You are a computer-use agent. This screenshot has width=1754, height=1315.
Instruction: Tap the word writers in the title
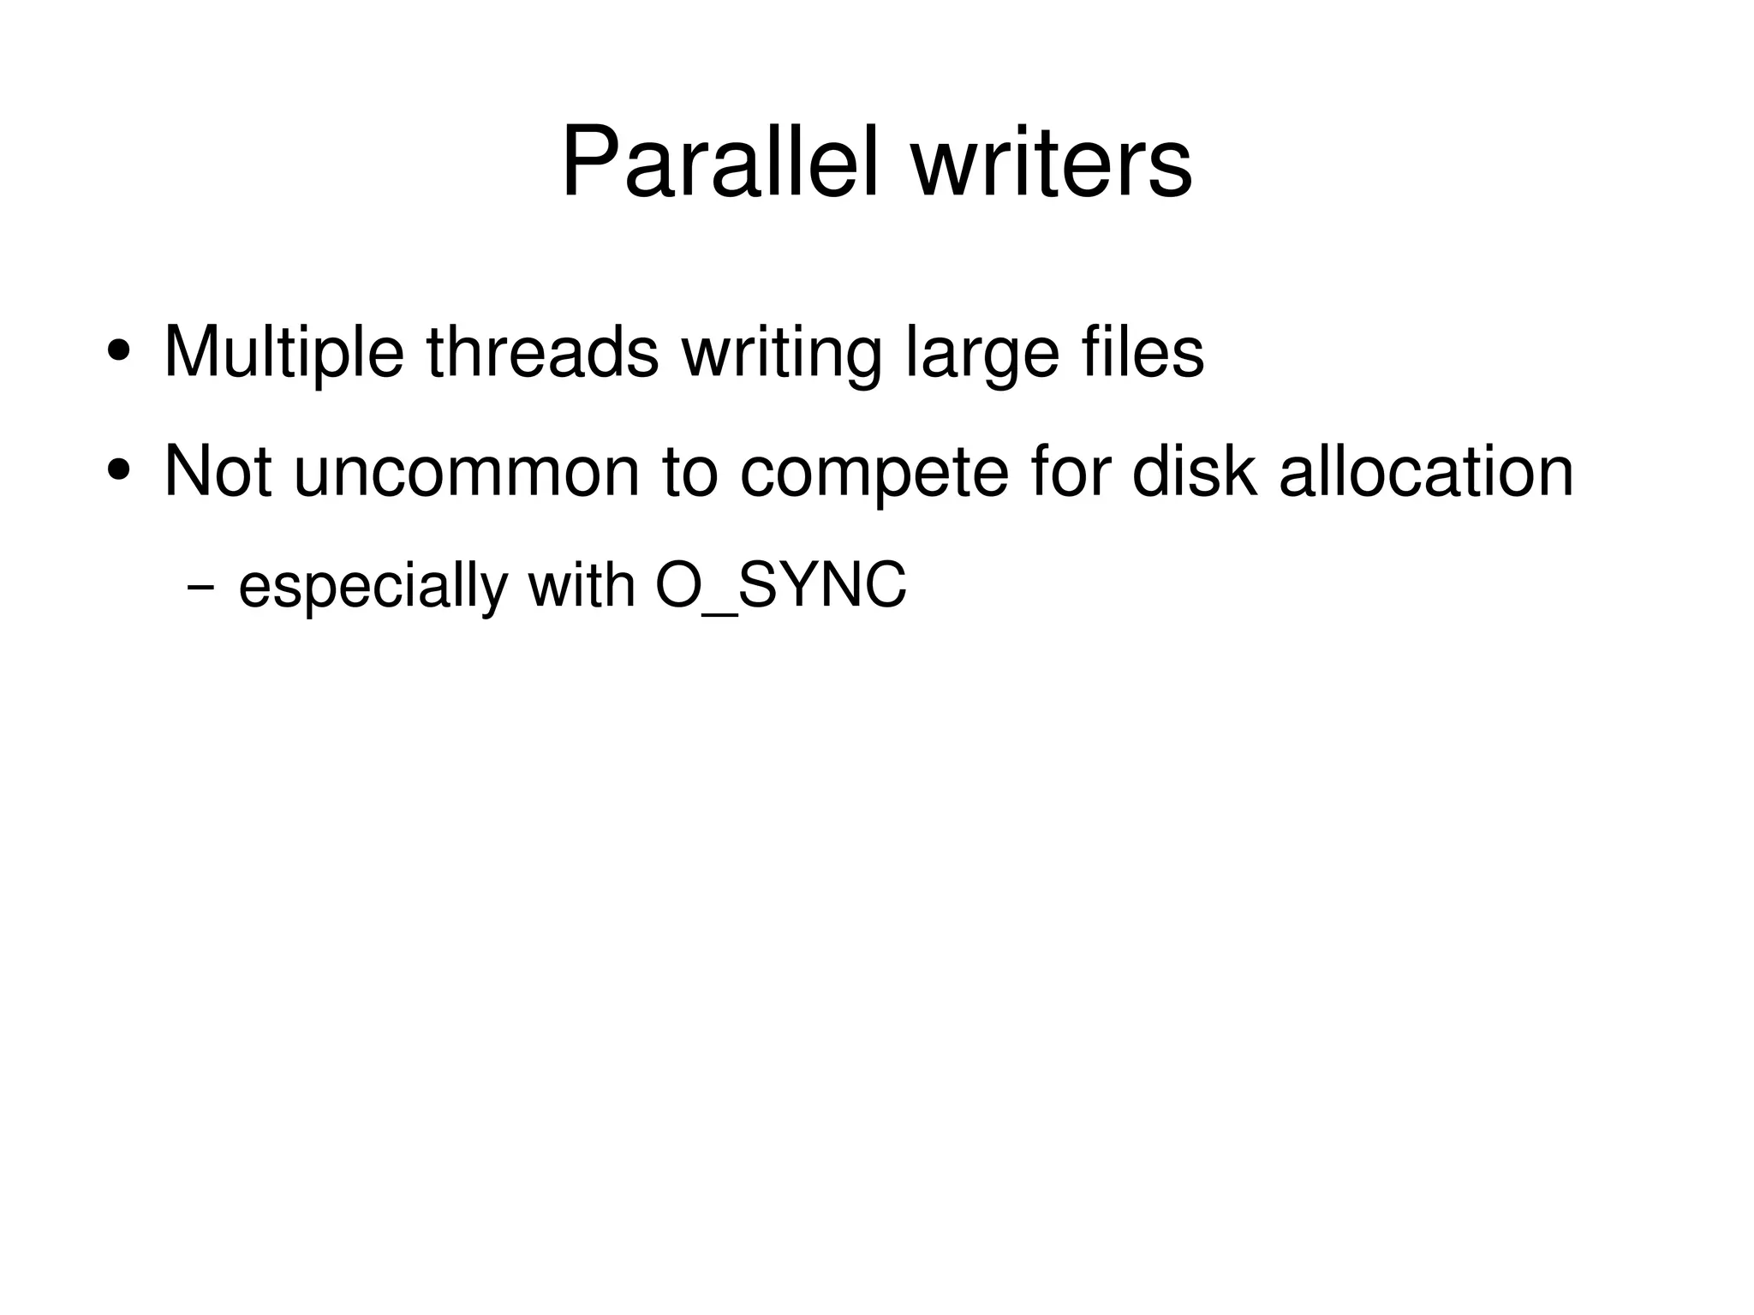point(1051,162)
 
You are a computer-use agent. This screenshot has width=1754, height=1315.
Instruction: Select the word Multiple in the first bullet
point(283,351)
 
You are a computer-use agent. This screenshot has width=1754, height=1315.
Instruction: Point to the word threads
point(543,351)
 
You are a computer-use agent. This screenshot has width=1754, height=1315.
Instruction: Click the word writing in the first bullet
point(782,351)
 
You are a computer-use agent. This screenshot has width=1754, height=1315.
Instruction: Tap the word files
point(1142,351)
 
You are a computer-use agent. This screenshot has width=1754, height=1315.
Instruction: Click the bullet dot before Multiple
point(119,351)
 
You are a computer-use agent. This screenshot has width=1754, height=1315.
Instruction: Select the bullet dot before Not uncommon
point(119,470)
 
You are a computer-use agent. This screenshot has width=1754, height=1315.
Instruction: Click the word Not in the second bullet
point(218,470)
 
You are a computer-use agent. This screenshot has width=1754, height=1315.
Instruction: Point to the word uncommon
point(466,470)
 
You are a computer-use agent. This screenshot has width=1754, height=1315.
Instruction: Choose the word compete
point(874,470)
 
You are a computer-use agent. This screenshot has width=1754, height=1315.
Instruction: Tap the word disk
point(1194,470)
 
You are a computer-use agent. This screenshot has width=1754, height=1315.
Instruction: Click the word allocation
point(1426,470)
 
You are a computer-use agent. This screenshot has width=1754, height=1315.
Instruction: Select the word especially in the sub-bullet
point(373,587)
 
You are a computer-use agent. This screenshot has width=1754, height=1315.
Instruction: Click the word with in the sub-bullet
point(582,587)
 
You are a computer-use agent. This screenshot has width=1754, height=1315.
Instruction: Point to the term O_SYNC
point(780,587)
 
